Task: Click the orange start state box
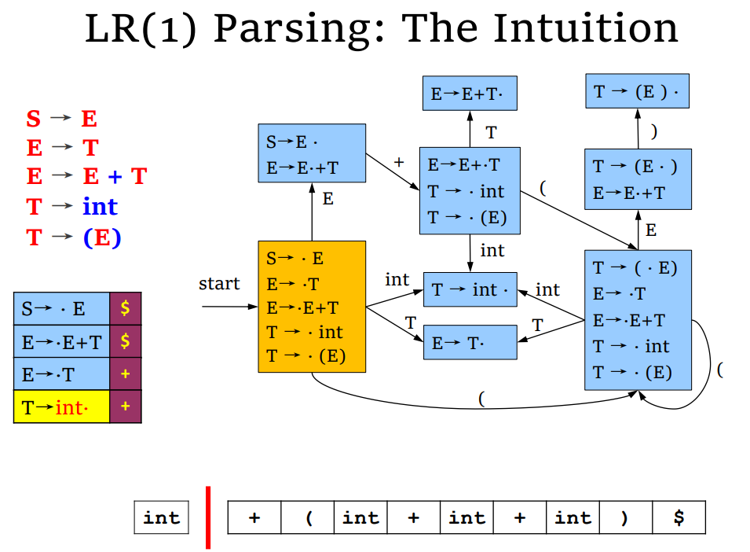312,307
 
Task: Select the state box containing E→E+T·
470,93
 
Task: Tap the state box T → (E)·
637,91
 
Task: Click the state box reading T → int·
470,289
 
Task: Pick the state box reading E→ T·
470,342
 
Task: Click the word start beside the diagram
219,283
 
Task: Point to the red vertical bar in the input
208,517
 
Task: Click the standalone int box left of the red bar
162,517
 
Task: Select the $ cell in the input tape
679,517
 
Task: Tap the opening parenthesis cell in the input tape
308,517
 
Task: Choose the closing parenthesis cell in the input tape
626,517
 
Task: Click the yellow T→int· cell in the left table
62,407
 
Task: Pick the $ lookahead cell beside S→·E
126,308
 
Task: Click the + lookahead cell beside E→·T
126,374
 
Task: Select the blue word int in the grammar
100,207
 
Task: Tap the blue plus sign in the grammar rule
115,177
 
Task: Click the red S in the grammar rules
34,119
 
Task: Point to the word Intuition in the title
586,28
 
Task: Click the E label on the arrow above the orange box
327,199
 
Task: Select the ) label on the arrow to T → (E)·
654,131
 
